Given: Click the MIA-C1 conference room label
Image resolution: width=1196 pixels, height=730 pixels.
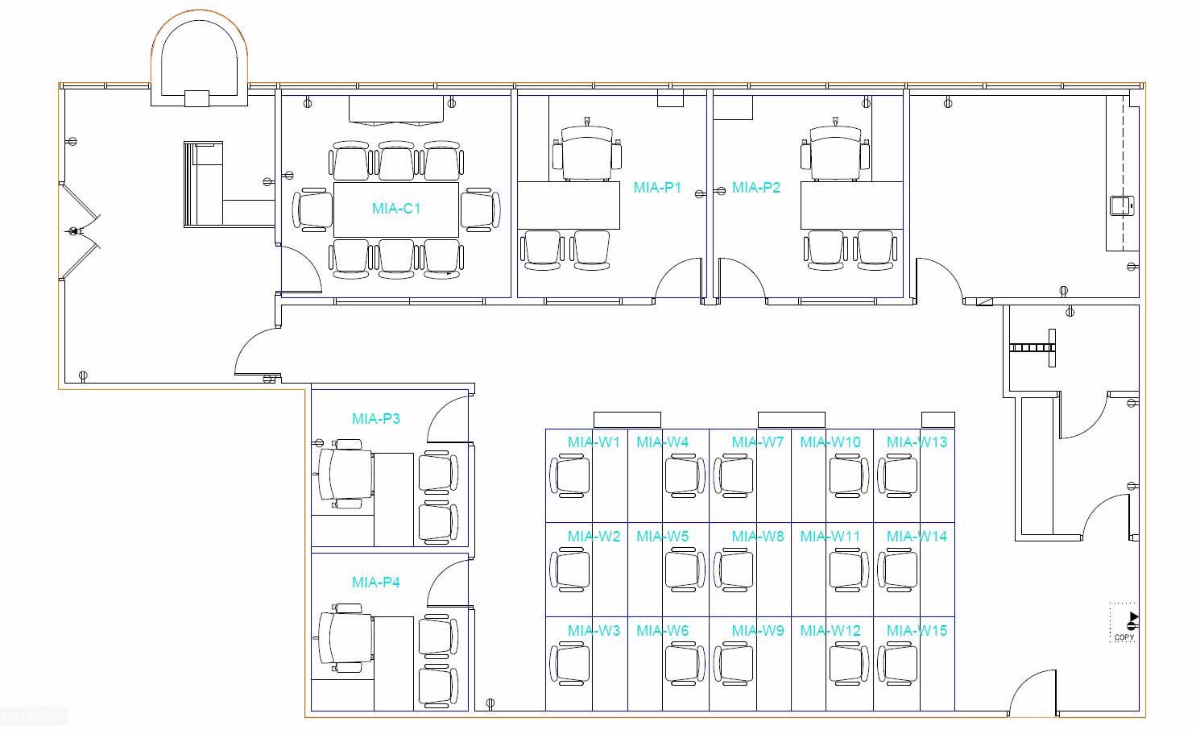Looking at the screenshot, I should pyautogui.click(x=396, y=209).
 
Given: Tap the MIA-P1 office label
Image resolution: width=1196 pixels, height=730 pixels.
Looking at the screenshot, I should pyautogui.click(x=657, y=188).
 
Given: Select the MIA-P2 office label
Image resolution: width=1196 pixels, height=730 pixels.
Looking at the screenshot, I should pyautogui.click(x=756, y=188).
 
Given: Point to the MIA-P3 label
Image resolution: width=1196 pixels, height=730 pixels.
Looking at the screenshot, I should pyautogui.click(x=376, y=419).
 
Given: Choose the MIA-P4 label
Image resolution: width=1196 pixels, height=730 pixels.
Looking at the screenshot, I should pyautogui.click(x=376, y=583).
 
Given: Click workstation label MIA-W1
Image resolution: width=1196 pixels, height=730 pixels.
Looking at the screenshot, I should pyautogui.click(x=594, y=442).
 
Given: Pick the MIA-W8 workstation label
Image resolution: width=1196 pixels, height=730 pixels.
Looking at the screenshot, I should pyautogui.click(x=758, y=537).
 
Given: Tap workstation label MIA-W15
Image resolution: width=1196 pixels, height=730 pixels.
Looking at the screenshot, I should pyautogui.click(x=917, y=631).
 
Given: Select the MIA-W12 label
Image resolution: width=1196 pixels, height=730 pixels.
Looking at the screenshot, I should pyautogui.click(x=830, y=631).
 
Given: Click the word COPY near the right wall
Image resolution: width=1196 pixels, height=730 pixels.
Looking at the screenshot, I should pyautogui.click(x=1124, y=637).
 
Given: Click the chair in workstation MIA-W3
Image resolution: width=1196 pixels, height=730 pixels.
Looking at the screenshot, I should pyautogui.click(x=570, y=664).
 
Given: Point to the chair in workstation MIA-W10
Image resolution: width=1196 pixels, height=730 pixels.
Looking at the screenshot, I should pyautogui.click(x=848, y=475).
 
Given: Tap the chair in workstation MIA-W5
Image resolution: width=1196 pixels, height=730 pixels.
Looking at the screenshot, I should pyautogui.click(x=685, y=570).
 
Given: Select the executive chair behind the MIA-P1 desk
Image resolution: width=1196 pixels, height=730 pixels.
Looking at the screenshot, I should pyautogui.click(x=587, y=152).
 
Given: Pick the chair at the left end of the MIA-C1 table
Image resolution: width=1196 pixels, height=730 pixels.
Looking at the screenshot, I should pyautogui.click(x=312, y=209).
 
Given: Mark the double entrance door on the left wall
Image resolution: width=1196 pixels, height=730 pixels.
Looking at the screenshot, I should pyautogui.click(x=78, y=232).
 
